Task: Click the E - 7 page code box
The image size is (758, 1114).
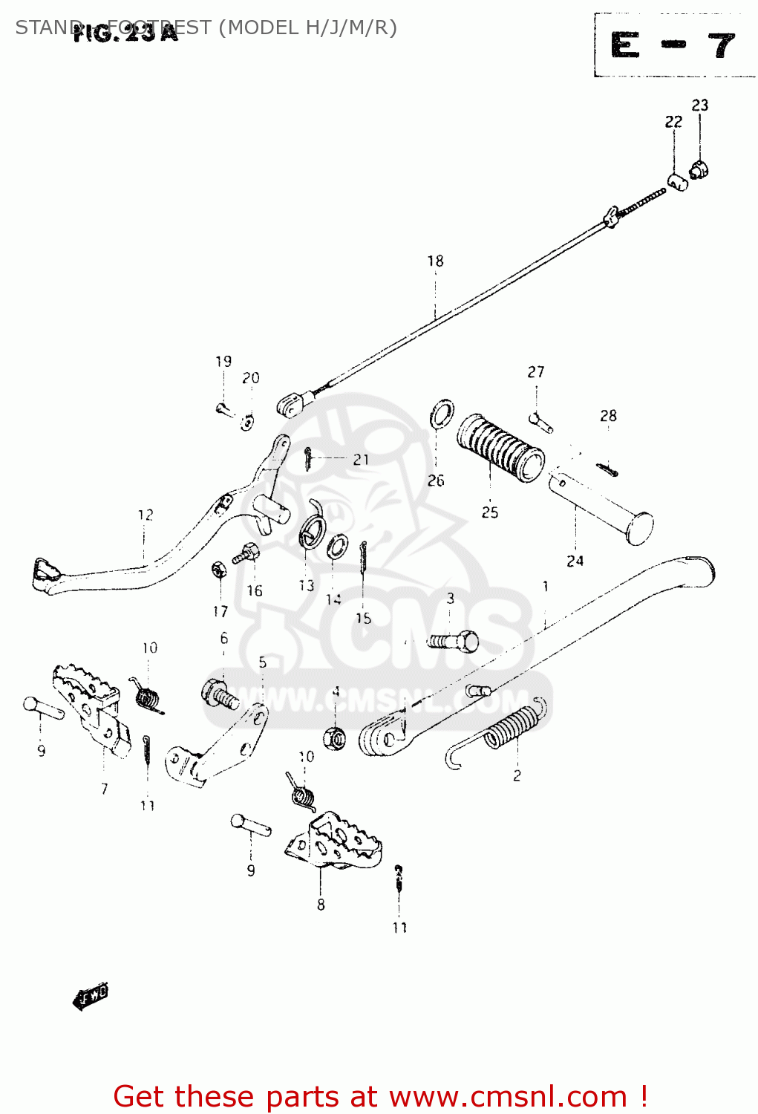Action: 673,46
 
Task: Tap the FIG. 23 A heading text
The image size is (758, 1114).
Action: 126,33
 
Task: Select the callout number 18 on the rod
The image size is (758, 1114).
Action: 435,261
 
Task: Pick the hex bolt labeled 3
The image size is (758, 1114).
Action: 454,640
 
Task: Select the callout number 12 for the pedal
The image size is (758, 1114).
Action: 146,515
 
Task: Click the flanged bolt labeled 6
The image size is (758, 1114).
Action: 220,695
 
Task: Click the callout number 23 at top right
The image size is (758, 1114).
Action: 699,105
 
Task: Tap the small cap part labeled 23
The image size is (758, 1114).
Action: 699,170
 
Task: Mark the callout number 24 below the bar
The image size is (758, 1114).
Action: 575,561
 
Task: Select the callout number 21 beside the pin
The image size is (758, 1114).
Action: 361,460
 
